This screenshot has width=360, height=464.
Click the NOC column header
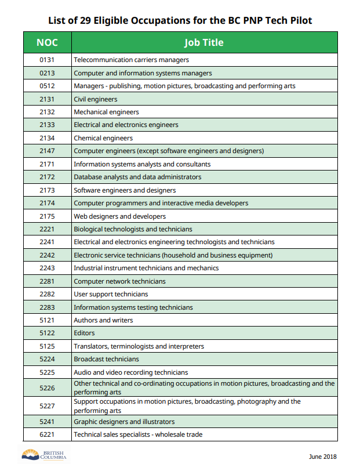(47, 42)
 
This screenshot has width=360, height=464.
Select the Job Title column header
(203, 42)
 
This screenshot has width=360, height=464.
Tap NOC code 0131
(47, 60)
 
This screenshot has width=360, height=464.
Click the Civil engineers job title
(96, 99)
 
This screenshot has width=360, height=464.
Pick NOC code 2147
(47, 151)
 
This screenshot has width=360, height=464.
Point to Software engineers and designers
(125, 190)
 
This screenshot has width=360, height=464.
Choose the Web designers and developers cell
(119, 216)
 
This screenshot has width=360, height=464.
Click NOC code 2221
(47, 229)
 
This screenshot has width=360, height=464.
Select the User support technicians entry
(111, 294)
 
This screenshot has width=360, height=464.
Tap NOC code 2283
(47, 307)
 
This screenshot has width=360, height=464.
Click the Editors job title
(84, 333)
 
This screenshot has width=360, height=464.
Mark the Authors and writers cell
(103, 320)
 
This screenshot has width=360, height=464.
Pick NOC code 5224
(47, 359)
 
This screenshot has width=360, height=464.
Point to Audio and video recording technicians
(130, 372)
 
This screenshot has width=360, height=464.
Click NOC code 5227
(47, 405)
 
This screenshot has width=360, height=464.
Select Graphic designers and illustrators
(124, 422)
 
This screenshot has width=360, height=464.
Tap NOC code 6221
(47, 434)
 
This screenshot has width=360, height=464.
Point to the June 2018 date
(322, 456)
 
